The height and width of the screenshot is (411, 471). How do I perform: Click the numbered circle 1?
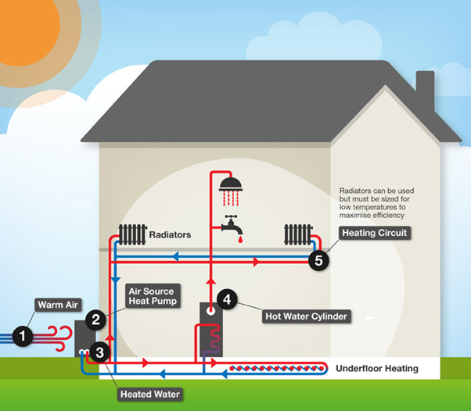[23, 336]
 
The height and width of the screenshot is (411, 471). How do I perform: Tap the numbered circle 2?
[95, 320]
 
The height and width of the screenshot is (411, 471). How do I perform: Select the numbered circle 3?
[99, 352]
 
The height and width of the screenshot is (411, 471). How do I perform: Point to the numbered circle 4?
[227, 299]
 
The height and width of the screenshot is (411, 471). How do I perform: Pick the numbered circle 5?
[318, 260]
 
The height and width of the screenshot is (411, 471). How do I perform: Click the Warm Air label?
[58, 305]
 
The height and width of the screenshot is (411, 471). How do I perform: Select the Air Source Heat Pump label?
[153, 296]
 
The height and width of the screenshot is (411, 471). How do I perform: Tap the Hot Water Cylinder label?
[307, 316]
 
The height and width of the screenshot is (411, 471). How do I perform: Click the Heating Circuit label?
[375, 233]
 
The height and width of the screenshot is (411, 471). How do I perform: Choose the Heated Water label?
[150, 394]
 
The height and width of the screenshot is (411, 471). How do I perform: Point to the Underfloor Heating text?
[377, 368]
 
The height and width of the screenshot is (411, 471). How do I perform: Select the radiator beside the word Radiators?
[132, 234]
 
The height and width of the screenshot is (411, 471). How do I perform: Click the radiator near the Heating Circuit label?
[298, 234]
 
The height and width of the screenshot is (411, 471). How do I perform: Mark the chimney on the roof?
[425, 90]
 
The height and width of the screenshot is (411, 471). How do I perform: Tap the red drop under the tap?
[240, 239]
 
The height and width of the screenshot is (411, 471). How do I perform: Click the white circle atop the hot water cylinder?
[210, 311]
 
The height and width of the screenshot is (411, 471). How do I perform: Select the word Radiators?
[170, 234]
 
